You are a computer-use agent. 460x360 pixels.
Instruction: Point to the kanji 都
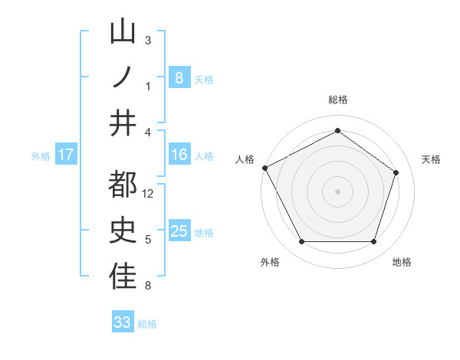(x=123, y=185)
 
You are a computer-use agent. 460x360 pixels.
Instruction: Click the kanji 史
(x=123, y=231)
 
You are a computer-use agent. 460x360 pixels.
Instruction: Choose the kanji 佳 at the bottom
(x=123, y=277)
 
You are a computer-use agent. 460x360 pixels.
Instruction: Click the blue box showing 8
(x=179, y=77)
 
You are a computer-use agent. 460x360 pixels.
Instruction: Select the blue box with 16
(x=179, y=155)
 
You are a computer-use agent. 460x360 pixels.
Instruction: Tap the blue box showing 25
(x=179, y=231)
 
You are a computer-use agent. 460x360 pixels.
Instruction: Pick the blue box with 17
(x=65, y=155)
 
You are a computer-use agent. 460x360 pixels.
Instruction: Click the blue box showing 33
(x=122, y=322)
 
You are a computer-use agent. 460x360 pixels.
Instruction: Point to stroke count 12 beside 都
(x=149, y=195)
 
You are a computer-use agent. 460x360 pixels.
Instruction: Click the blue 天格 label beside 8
(x=204, y=79)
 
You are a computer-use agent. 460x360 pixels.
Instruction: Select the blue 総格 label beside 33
(x=147, y=324)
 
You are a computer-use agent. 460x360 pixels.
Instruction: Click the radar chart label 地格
(x=402, y=263)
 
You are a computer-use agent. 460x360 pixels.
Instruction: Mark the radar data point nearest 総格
(x=337, y=130)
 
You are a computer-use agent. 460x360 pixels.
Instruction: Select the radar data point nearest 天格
(x=396, y=172)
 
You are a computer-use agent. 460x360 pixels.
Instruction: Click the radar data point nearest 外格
(x=301, y=242)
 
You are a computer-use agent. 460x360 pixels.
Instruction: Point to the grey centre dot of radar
(x=337, y=191)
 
